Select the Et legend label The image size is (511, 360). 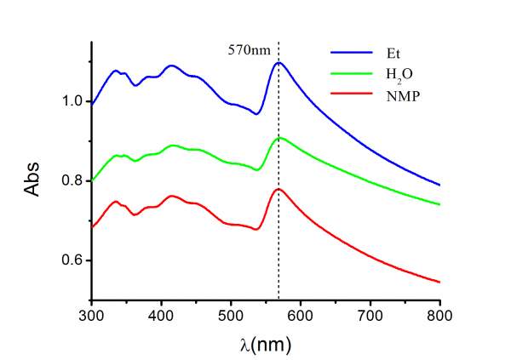pos(369,50)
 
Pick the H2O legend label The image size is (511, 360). pos(375,75)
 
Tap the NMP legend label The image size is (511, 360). pos(376,99)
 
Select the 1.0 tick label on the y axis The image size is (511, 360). pos(72,101)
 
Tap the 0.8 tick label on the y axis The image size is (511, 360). pos(72,180)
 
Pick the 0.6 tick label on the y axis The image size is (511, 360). pos(72,260)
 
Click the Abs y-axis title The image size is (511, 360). pos(32,180)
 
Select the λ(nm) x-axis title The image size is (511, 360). pos(265,343)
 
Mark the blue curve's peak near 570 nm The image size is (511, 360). pos(278,62)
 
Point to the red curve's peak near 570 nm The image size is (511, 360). pos(278,189)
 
